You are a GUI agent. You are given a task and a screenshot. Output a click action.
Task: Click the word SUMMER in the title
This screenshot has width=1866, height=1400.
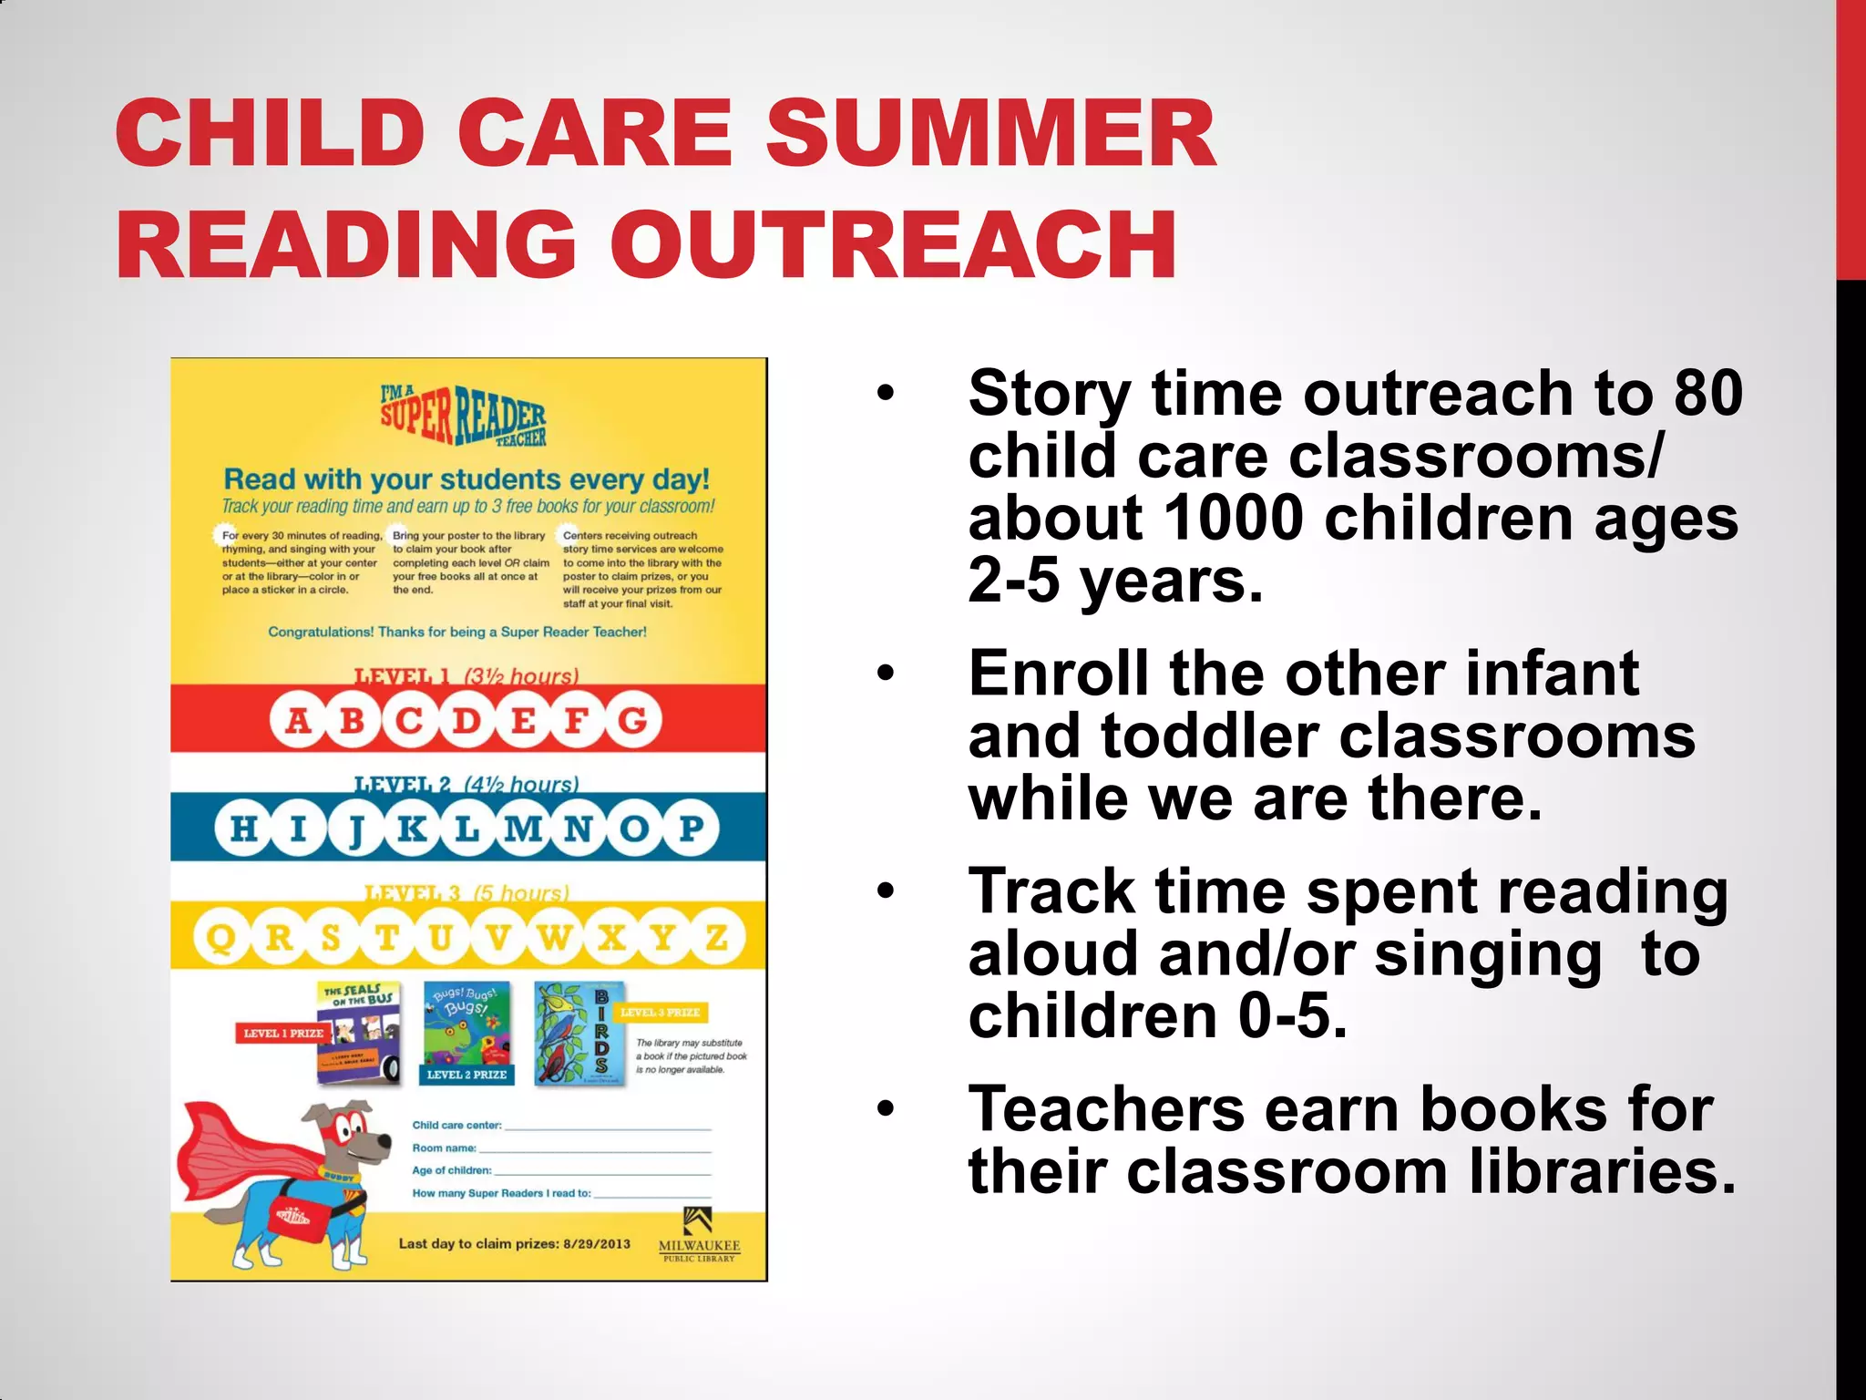tap(989, 134)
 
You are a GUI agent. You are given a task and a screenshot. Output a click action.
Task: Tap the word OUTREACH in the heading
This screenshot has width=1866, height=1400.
tap(892, 245)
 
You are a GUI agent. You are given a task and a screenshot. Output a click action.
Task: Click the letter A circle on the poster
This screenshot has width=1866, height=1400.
tap(298, 721)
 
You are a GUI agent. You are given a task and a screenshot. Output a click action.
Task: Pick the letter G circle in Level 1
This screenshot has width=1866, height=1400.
tap(633, 721)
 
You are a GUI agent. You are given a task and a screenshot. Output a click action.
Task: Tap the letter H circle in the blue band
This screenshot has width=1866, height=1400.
tap(243, 829)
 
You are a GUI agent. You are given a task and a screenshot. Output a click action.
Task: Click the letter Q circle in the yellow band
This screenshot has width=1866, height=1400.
tap(221, 937)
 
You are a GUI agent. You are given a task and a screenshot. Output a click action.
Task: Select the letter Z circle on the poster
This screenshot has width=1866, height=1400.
tap(717, 937)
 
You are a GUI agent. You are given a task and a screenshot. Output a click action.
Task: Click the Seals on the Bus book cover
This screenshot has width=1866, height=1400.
tap(359, 1033)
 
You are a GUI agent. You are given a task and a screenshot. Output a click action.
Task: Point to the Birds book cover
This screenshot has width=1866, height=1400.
tap(579, 1034)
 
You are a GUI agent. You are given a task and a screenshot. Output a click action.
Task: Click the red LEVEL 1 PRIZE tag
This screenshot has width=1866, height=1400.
tap(282, 1033)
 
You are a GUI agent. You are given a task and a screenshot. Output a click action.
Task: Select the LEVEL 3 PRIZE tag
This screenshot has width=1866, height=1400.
tap(661, 1013)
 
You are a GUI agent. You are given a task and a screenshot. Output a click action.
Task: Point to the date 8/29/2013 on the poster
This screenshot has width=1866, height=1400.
tap(597, 1243)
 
